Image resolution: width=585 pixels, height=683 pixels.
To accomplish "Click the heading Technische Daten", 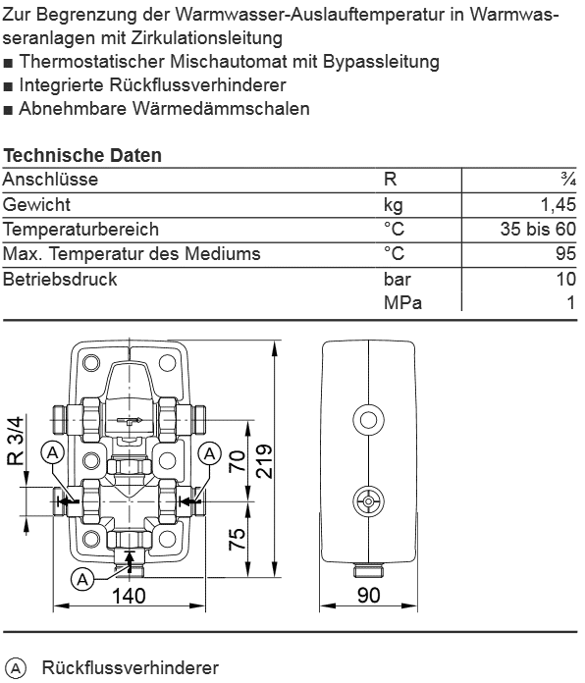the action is [x=82, y=155].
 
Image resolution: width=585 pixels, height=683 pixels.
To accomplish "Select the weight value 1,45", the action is [x=558, y=204].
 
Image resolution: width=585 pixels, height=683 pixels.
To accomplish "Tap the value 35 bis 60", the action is [x=539, y=229].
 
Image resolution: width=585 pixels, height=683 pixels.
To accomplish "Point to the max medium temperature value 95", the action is [x=565, y=253].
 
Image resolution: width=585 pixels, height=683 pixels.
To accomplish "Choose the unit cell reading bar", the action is [x=398, y=279].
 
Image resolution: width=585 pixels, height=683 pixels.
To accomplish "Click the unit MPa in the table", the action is [x=402, y=302].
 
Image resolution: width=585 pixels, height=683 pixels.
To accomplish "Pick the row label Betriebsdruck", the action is [x=60, y=279].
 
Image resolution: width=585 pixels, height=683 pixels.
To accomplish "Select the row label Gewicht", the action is [x=36, y=204].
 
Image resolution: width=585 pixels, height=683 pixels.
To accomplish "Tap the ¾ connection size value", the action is [x=568, y=179].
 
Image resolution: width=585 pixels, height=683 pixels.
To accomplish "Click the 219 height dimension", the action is [x=264, y=461].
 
